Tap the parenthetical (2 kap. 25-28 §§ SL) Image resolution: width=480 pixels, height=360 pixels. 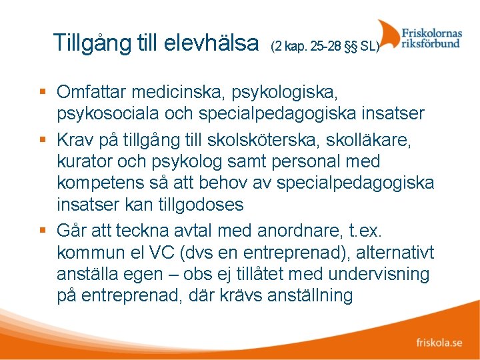point(325,47)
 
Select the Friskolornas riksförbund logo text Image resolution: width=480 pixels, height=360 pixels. point(431,37)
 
